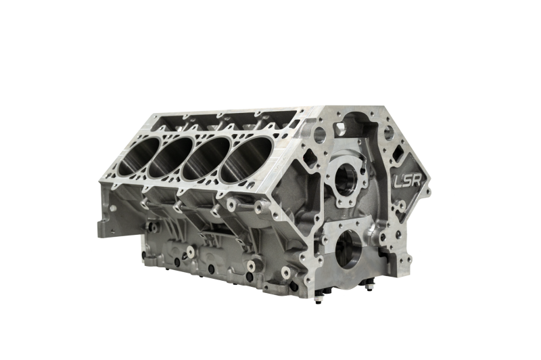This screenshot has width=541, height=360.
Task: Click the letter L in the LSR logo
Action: coord(398,182)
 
